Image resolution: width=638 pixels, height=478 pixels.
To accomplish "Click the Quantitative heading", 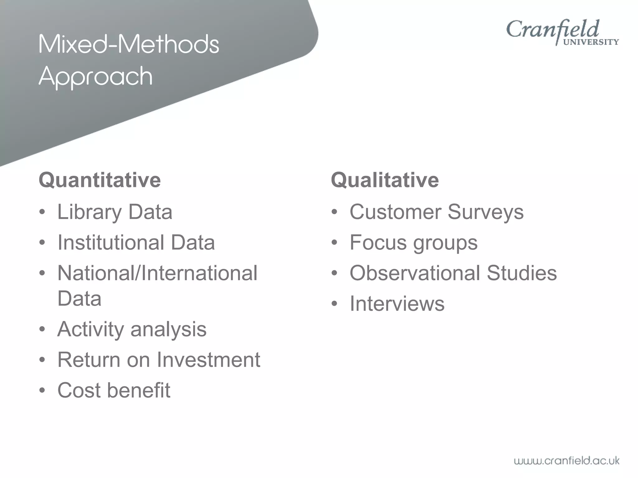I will [x=100, y=180].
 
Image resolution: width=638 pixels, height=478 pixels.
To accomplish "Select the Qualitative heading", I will [x=385, y=180].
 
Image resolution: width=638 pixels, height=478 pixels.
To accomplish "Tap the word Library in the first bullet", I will [x=90, y=212].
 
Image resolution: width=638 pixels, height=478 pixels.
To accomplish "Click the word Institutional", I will [x=111, y=242].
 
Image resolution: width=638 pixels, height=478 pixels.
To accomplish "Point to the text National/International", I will [x=157, y=273].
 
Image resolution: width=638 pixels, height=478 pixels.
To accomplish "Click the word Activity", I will [x=90, y=329].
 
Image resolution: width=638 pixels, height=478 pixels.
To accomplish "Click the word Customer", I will [x=395, y=212].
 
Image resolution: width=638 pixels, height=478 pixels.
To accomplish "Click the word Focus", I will [x=378, y=242].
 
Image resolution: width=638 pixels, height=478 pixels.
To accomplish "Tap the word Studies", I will [x=521, y=273].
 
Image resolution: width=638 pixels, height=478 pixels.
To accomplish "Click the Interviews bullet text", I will [x=397, y=303].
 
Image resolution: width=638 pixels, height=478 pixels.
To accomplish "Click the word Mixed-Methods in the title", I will [x=129, y=44].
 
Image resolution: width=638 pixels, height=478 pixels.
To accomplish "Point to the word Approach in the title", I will [x=96, y=76].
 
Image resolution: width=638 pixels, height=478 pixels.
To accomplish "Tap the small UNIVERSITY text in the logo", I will [x=591, y=42].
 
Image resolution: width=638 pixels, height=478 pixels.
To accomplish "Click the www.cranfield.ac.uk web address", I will [x=566, y=461].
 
